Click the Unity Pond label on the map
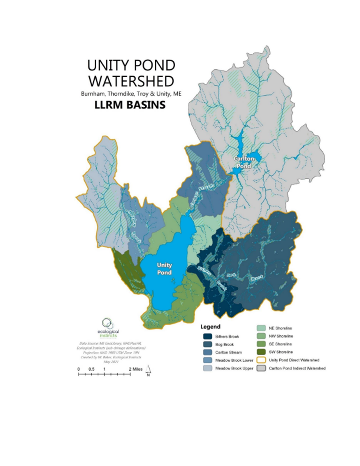164,268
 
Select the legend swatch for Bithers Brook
208,336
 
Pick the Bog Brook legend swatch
208,344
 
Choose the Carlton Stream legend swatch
208,352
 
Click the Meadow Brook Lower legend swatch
208,360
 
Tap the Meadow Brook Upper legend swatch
208,368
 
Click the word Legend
210,327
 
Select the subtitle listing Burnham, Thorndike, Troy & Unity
131,94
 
